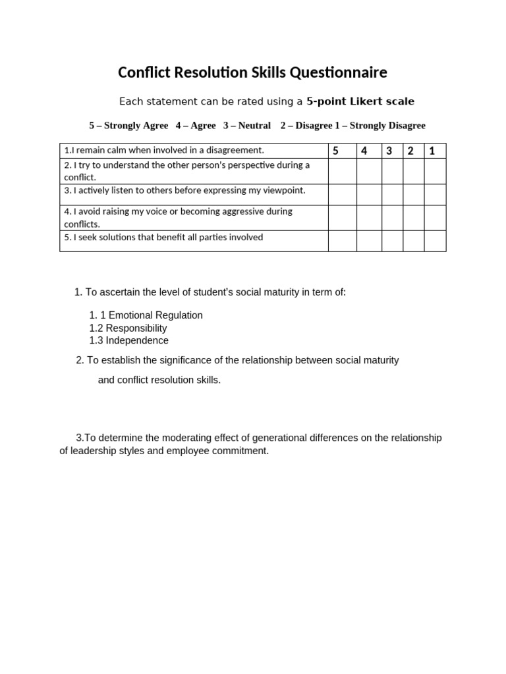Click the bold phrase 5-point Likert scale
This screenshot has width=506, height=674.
point(360,101)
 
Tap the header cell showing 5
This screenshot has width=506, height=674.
point(343,151)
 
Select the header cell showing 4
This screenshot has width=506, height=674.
point(369,151)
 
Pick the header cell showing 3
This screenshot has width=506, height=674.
point(393,151)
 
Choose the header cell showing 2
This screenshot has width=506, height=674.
point(414,151)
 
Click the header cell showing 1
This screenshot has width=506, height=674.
point(435,151)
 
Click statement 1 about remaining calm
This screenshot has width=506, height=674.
point(164,151)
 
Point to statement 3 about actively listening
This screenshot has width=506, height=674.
point(185,190)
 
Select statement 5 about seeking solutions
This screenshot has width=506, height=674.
point(164,237)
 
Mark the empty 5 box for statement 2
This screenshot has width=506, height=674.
point(343,171)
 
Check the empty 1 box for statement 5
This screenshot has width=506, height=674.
point(435,241)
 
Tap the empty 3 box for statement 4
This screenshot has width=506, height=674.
point(393,218)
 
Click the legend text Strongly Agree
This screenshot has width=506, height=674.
point(136,126)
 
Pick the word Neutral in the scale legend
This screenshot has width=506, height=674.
point(254,126)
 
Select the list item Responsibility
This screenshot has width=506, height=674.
point(136,328)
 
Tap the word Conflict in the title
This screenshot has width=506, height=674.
point(144,72)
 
